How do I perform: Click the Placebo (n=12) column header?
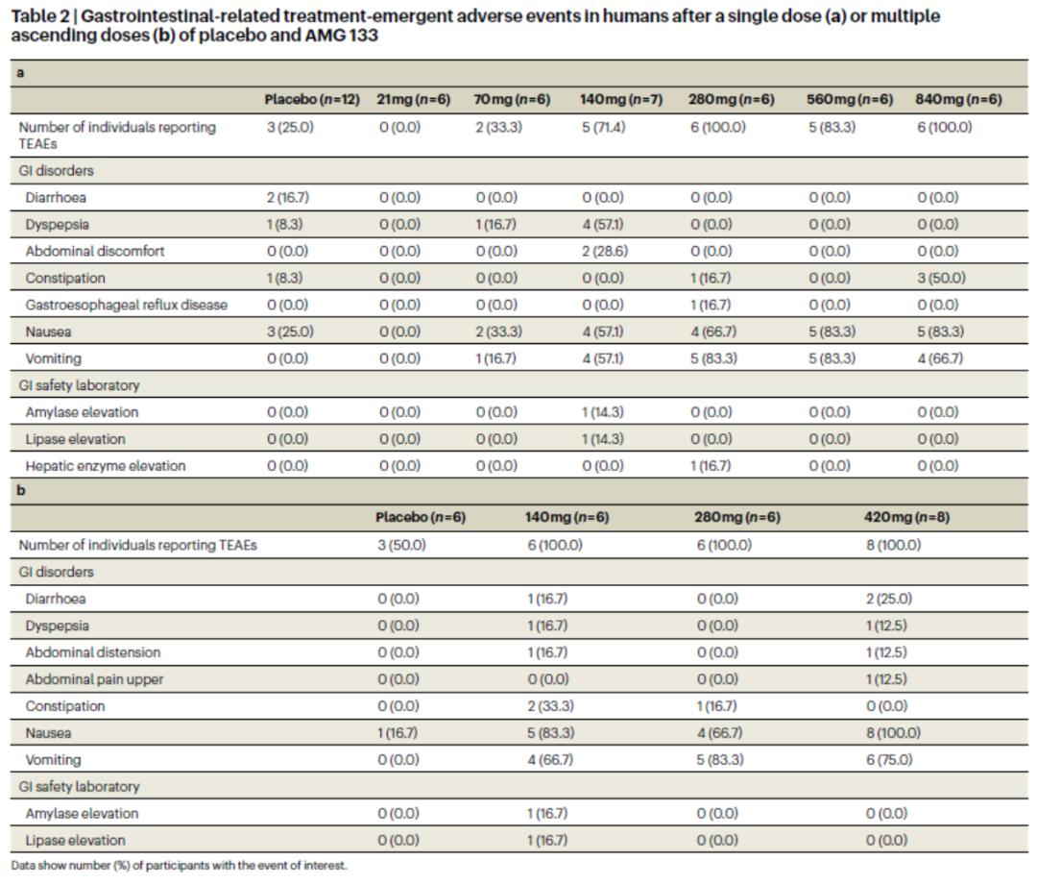click(x=312, y=100)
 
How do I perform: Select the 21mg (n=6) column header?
click(x=413, y=100)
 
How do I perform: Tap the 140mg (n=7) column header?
click(x=621, y=100)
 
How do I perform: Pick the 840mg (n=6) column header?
click(x=958, y=100)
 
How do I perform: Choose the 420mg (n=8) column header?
click(x=906, y=518)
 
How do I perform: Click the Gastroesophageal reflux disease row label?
click(x=127, y=305)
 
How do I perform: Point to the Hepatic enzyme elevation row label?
click(x=106, y=466)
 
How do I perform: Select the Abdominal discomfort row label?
click(x=94, y=252)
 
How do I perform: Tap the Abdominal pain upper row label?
click(x=94, y=679)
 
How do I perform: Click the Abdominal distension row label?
click(x=92, y=652)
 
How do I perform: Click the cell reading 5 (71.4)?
click(x=603, y=127)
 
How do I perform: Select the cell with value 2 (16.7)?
click(x=288, y=198)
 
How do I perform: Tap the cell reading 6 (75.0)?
click(x=889, y=760)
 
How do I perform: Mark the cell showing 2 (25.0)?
click(x=889, y=599)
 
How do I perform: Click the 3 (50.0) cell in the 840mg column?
click(x=941, y=278)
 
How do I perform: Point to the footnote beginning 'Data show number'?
click(x=179, y=866)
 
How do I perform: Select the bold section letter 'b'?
click(x=20, y=490)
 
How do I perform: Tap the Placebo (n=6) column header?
click(x=421, y=518)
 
